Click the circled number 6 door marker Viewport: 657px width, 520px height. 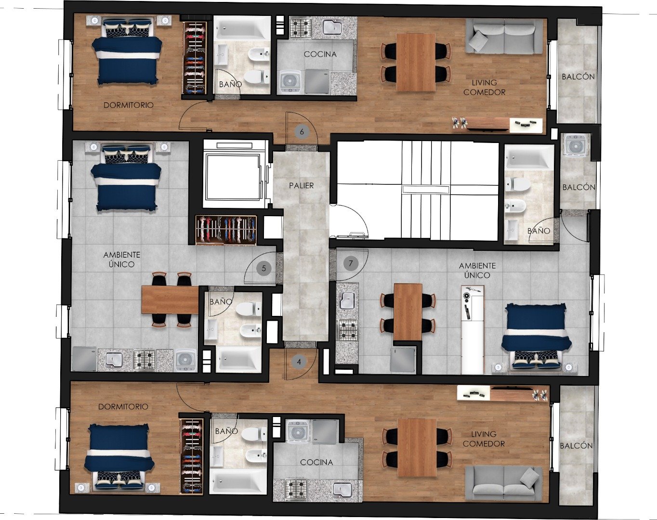[x=302, y=132]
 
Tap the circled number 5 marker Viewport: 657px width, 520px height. [x=264, y=269]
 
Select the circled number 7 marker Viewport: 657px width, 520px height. [x=351, y=263]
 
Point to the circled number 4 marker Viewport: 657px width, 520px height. [x=299, y=362]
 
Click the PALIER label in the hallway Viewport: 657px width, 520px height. [x=302, y=185]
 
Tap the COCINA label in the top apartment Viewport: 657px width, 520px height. [x=320, y=54]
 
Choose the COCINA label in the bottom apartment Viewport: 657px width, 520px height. [x=316, y=462]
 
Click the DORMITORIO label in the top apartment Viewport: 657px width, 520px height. [x=128, y=105]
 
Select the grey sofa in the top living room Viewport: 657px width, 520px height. [x=504, y=36]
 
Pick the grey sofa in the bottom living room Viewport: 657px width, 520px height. [x=504, y=483]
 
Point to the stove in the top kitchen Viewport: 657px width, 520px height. [x=301, y=27]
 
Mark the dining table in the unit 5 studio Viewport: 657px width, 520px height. [x=171, y=300]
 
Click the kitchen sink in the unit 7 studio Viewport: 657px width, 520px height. [x=347, y=299]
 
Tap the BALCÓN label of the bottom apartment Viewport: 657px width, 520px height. [x=576, y=446]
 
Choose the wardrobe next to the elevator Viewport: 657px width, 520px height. [x=226, y=230]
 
